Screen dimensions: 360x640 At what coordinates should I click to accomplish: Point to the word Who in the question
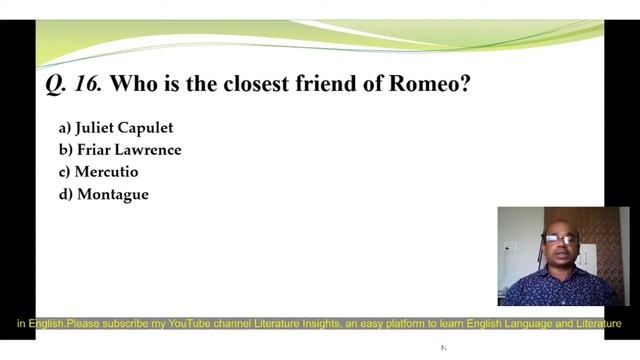point(131,84)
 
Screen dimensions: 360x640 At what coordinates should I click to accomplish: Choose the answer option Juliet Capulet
point(123,128)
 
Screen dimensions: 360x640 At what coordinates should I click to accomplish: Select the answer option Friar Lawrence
point(128,150)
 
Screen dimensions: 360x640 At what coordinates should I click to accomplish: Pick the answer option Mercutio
point(106,172)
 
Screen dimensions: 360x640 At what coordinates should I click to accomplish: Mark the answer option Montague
point(112,194)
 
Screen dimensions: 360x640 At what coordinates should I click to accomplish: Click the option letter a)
point(65,128)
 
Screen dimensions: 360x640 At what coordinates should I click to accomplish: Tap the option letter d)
point(66,194)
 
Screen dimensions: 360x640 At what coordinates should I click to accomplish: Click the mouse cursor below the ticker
point(443,348)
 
